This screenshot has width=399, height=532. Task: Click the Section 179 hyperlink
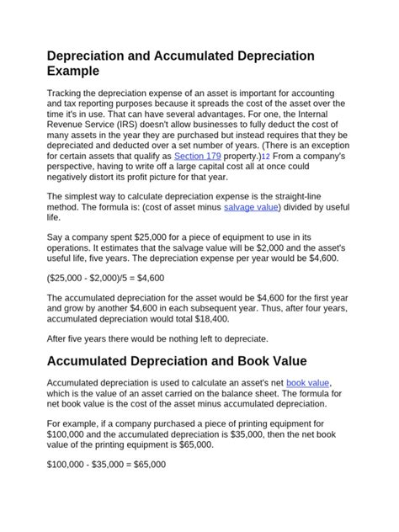tap(198, 157)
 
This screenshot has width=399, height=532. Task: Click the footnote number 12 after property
tap(266, 157)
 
